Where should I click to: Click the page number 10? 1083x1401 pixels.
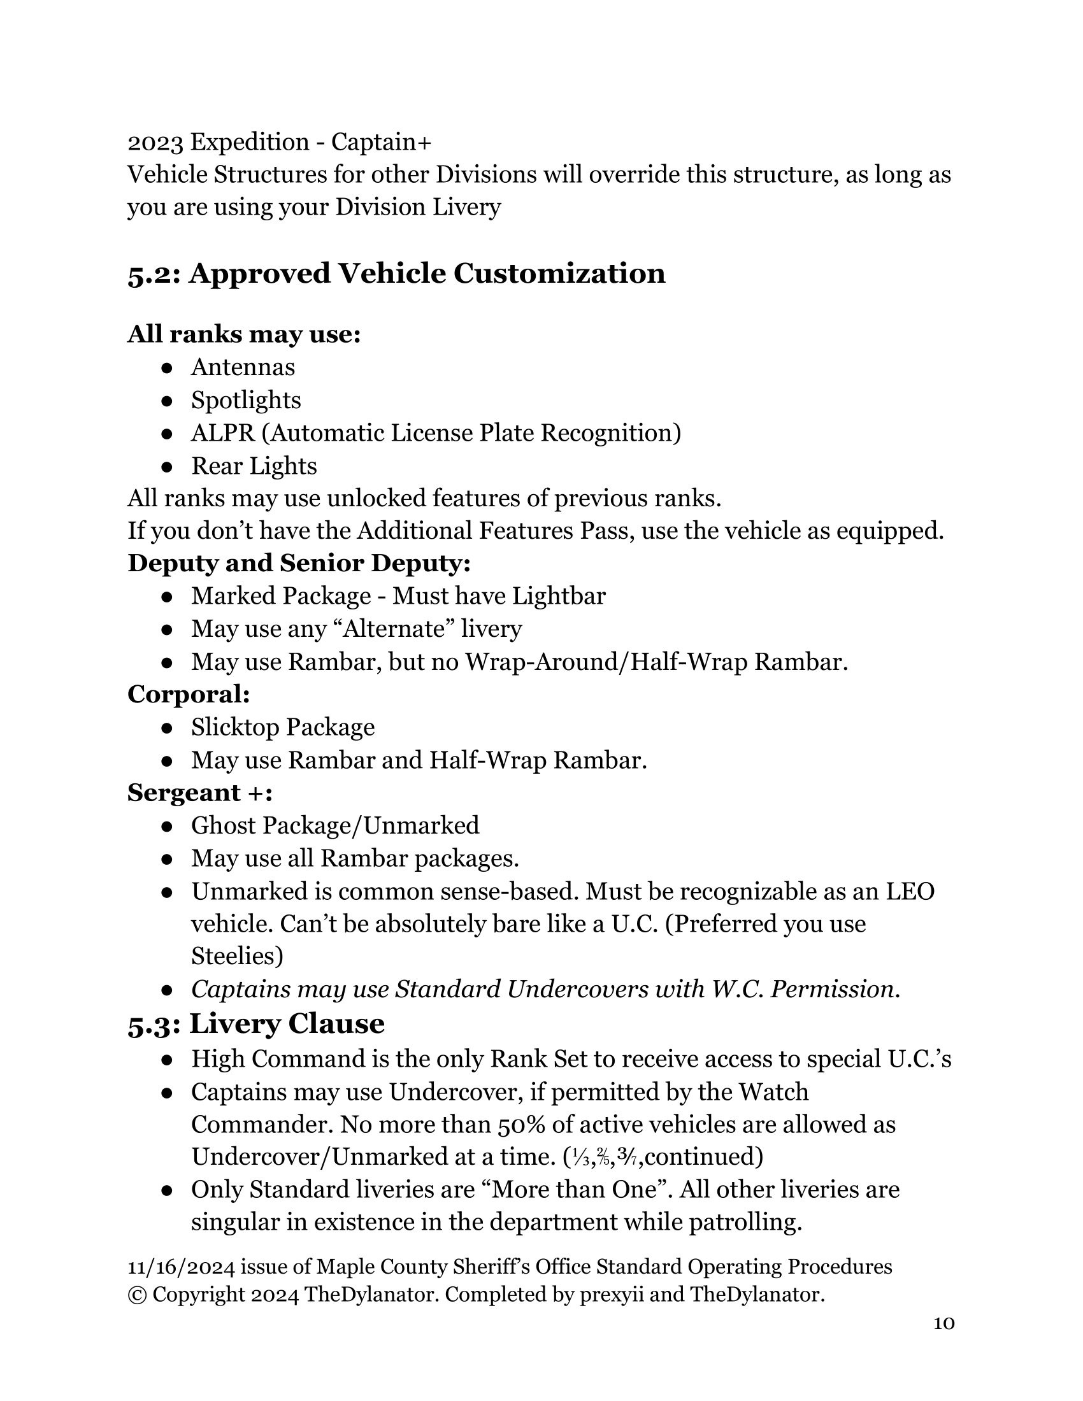(943, 1323)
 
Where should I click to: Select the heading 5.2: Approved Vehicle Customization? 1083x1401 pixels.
(396, 273)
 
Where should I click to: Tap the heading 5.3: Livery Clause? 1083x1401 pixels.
(256, 1023)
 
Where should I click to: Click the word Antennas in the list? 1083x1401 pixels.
(243, 367)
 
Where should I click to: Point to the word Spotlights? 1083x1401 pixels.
(246, 401)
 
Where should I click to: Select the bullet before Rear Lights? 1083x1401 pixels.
(167, 466)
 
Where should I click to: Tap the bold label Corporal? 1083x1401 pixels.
(189, 694)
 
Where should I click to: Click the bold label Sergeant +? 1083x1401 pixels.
(200, 793)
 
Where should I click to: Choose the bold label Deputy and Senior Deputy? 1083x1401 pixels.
(299, 563)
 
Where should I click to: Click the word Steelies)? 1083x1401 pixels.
(238, 957)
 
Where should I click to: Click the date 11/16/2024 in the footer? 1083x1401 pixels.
(181, 1267)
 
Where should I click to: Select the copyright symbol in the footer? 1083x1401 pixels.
(137, 1295)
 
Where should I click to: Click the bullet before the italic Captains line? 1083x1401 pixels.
(167, 990)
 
